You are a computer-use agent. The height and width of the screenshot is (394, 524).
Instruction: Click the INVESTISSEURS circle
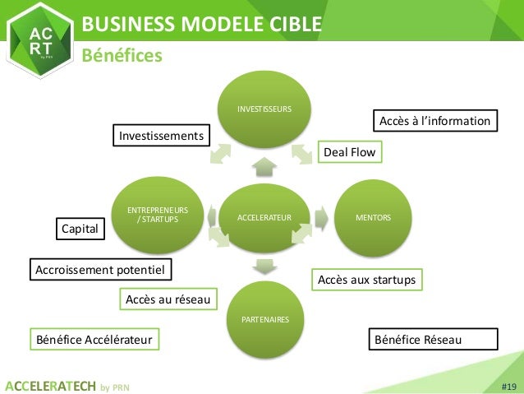tap(264, 109)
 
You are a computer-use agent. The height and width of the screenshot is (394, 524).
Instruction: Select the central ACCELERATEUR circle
tap(264, 217)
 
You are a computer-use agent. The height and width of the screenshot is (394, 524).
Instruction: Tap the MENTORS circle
tap(372, 217)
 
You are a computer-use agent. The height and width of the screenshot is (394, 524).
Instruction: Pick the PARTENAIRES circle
tap(264, 318)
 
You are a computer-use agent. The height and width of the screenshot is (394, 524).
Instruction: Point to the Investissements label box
tap(161, 134)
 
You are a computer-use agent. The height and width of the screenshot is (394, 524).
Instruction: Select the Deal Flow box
tap(351, 152)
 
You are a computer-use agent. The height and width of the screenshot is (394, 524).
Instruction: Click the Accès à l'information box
tap(435, 122)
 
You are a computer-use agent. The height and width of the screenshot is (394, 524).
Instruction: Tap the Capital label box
tap(80, 229)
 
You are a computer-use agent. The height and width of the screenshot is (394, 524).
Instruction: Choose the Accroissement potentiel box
tap(99, 269)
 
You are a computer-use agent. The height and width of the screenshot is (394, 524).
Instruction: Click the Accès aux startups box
tap(366, 280)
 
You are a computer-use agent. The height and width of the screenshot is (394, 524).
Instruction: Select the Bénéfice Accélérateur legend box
tap(94, 339)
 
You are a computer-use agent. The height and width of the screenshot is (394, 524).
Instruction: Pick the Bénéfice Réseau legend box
tap(433, 339)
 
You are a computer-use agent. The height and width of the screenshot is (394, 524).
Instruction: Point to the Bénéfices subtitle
tap(122, 55)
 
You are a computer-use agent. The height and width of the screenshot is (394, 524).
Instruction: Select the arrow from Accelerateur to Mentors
tap(324, 217)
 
